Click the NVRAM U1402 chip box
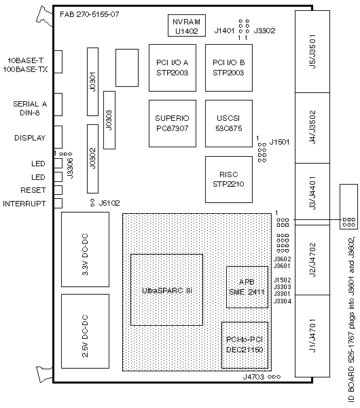click(x=187, y=26)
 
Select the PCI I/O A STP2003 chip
click(x=173, y=68)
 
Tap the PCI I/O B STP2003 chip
click(x=229, y=68)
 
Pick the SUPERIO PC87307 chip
click(x=173, y=124)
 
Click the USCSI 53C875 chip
click(x=229, y=124)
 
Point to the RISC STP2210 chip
click(x=229, y=179)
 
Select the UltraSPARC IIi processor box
click(x=166, y=290)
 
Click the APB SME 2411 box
click(x=247, y=287)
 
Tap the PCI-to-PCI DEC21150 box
click(x=245, y=345)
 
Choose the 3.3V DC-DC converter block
click(x=85, y=249)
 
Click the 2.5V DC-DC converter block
click(x=85, y=331)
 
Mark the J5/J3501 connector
click(x=312, y=52)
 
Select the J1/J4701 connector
click(x=312, y=335)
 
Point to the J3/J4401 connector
click(x=312, y=194)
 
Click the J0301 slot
click(x=92, y=81)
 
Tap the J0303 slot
click(x=109, y=120)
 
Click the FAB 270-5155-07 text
click(x=90, y=14)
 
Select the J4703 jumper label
click(x=253, y=377)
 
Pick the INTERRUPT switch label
click(x=24, y=204)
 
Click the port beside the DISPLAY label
click(x=58, y=137)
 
